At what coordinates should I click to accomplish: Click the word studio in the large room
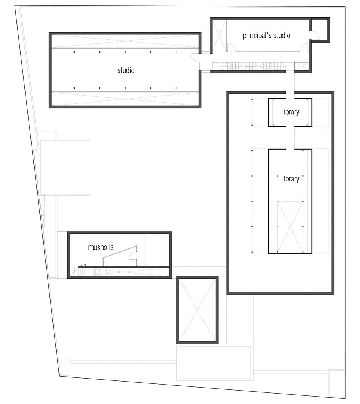(126, 70)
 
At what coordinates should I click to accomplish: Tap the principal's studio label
(266, 36)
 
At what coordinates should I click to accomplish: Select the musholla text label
(101, 247)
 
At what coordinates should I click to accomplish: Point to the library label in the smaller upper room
(291, 112)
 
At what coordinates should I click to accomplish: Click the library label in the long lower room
(291, 179)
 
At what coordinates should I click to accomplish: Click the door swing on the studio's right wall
(195, 57)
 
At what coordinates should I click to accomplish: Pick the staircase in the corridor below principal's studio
(249, 66)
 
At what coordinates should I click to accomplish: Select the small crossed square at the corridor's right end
(301, 66)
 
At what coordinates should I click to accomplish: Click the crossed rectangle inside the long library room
(290, 227)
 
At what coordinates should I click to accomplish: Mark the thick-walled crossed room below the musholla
(197, 310)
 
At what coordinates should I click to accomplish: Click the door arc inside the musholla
(132, 255)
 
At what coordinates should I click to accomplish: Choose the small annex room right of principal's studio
(319, 29)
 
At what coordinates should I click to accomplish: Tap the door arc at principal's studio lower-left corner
(232, 47)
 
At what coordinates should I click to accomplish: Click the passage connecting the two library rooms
(290, 138)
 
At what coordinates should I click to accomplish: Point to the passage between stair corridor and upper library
(290, 84)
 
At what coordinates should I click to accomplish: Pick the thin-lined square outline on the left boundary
(65, 167)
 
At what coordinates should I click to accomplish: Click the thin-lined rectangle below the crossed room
(214, 362)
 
